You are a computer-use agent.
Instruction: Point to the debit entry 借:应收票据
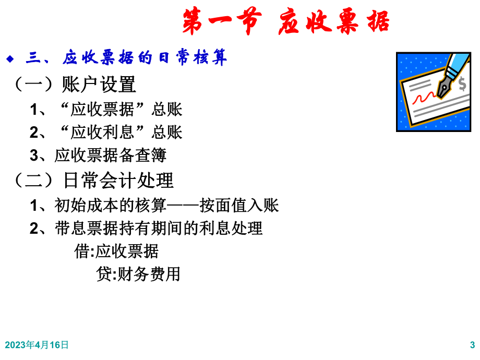(116, 251)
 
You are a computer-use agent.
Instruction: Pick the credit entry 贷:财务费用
(138, 274)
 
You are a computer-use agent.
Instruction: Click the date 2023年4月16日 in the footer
(37, 345)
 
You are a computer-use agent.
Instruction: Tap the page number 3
(472, 345)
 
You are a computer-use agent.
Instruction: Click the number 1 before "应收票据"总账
(33, 110)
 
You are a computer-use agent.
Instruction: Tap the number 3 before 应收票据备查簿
(33, 156)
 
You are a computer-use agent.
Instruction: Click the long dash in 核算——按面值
(183, 206)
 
